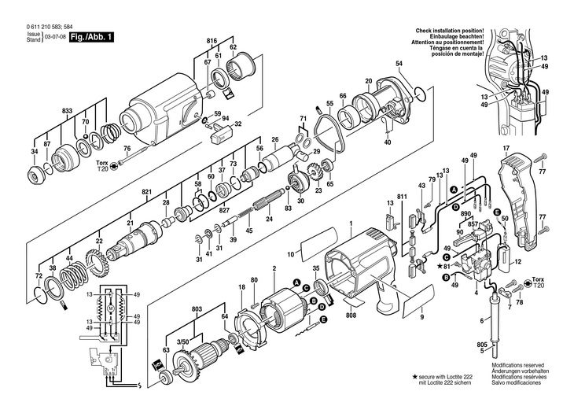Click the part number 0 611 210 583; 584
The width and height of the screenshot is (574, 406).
37,27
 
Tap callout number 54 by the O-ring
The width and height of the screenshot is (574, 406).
399,63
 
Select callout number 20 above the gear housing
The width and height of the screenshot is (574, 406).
368,81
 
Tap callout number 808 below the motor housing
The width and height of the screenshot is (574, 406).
350,316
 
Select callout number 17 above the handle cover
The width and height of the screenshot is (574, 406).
506,149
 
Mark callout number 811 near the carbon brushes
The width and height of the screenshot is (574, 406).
403,195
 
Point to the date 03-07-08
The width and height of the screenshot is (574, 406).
54,36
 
